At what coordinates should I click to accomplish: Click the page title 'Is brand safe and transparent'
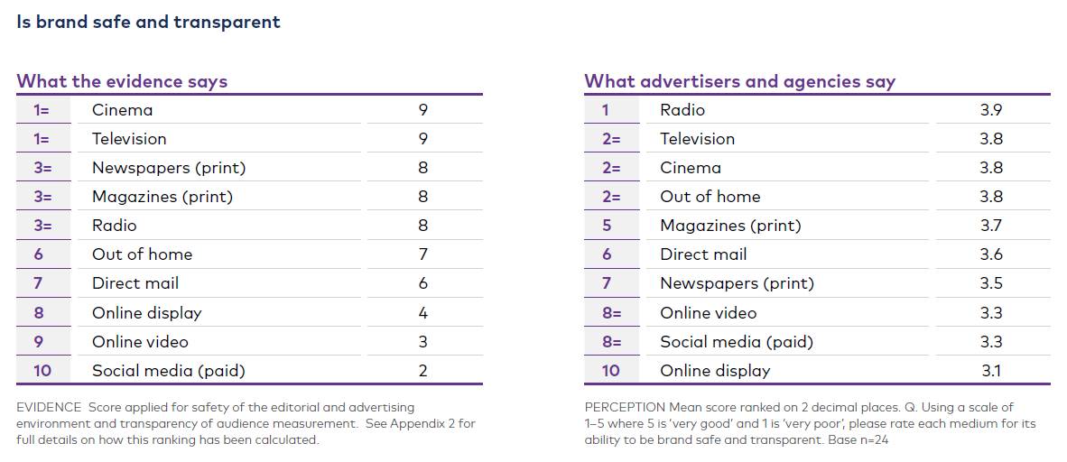click(x=149, y=22)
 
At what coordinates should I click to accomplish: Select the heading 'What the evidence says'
click(x=122, y=81)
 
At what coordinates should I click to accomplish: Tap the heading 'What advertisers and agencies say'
click(x=739, y=81)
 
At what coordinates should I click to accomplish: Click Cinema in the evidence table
click(x=122, y=110)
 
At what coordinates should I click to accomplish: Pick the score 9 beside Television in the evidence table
click(x=422, y=139)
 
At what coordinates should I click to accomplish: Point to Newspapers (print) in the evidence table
click(x=169, y=168)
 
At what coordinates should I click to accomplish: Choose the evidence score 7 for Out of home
click(x=422, y=254)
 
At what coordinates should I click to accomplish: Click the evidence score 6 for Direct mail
click(x=422, y=283)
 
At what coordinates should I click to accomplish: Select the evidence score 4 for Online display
click(x=422, y=313)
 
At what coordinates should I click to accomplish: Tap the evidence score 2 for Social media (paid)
click(x=422, y=371)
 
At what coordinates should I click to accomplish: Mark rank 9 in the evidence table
click(x=39, y=342)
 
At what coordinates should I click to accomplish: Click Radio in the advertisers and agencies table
click(x=682, y=110)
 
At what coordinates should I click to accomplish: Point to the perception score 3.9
click(x=991, y=110)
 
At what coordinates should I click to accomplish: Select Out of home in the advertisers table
click(x=710, y=197)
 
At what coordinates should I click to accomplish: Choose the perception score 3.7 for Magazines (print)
click(x=991, y=226)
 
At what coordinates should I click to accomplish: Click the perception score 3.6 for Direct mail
click(x=991, y=254)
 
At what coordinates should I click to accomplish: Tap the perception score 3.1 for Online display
click(x=991, y=371)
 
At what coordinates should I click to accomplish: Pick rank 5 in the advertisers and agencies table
click(x=607, y=226)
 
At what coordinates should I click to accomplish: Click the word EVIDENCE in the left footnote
click(x=49, y=408)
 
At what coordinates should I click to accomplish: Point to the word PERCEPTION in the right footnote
click(x=625, y=408)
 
